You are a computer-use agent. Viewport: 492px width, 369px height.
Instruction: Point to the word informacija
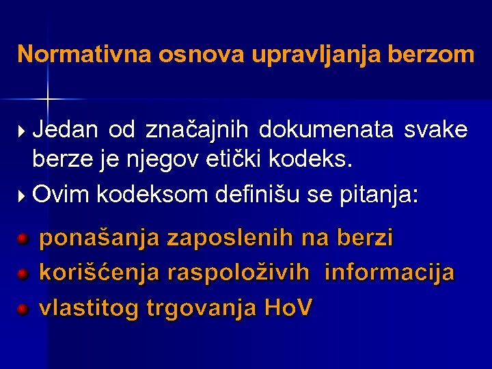(389, 273)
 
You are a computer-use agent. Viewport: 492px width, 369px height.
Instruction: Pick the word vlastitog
(90, 309)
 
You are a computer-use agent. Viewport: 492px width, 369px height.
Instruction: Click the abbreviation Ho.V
(287, 308)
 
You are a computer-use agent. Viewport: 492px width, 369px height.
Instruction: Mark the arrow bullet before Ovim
(23, 196)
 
